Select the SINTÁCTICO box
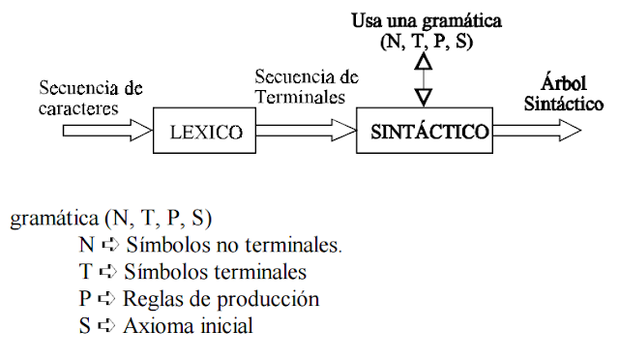(429, 130)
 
